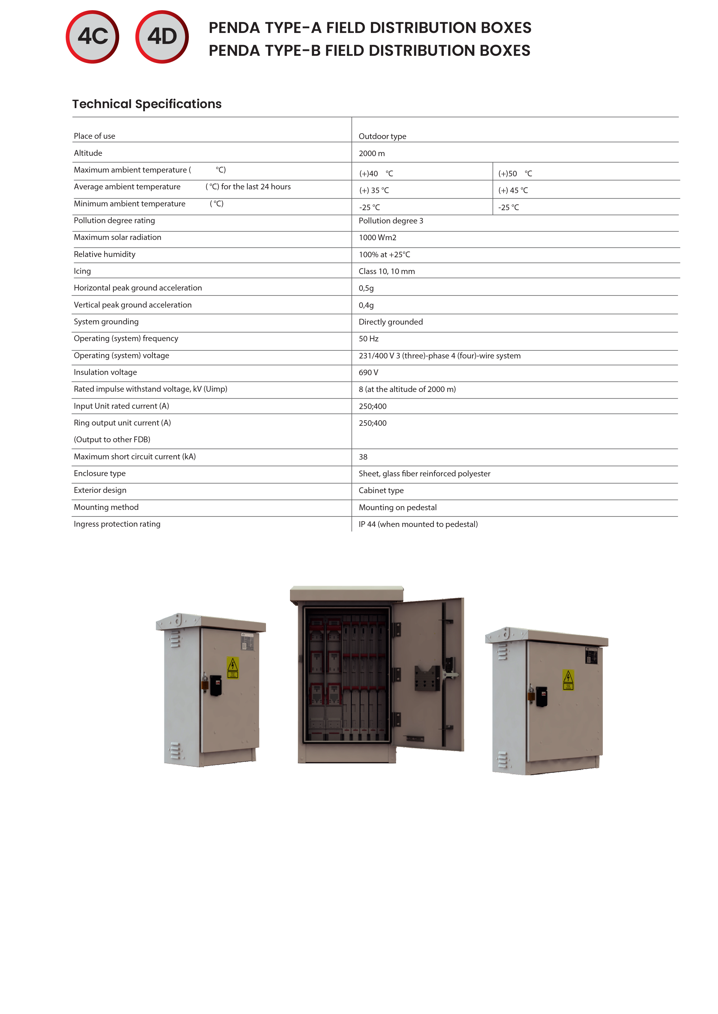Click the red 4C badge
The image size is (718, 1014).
pyautogui.click(x=92, y=37)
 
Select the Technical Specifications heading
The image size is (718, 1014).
pyautogui.click(x=147, y=104)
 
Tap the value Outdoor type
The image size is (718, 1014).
pyautogui.click(x=382, y=136)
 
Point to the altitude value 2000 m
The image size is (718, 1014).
pyautogui.click(x=372, y=153)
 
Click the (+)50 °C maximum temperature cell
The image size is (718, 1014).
pyautogui.click(x=515, y=173)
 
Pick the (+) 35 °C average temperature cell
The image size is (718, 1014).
pyautogui.click(x=374, y=190)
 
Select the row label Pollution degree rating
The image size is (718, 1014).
pyautogui.click(x=115, y=220)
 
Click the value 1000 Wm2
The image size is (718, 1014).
pyautogui.click(x=378, y=238)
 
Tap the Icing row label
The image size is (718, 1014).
pyautogui.click(x=82, y=271)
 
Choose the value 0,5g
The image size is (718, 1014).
pyautogui.click(x=366, y=288)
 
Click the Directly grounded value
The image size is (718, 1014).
pyautogui.click(x=391, y=322)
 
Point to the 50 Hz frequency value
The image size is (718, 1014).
pyautogui.click(x=369, y=339)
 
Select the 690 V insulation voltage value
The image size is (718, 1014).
pyautogui.click(x=368, y=372)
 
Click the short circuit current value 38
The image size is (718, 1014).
pyautogui.click(x=363, y=457)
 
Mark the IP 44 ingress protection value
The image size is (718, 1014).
pyautogui.click(x=418, y=524)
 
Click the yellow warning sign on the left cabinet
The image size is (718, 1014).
pyautogui.click(x=233, y=667)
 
